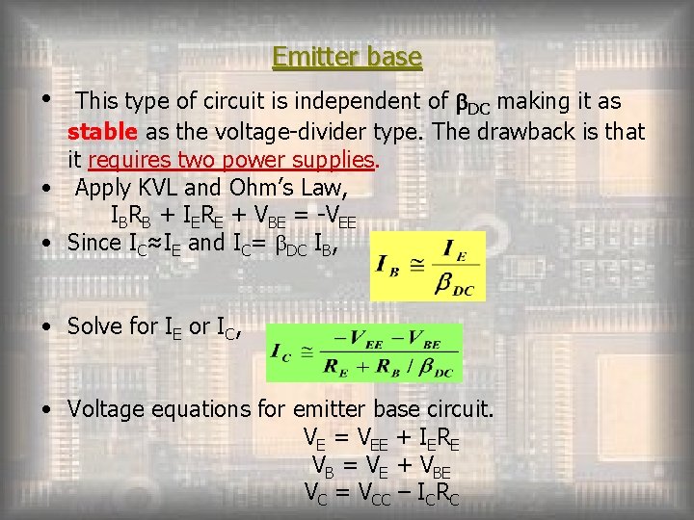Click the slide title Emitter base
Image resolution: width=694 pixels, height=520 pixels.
pyautogui.click(x=347, y=58)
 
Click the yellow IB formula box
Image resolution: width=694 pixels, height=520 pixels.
pyautogui.click(x=428, y=266)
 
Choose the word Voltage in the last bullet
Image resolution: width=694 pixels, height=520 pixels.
pyautogui.click(x=106, y=408)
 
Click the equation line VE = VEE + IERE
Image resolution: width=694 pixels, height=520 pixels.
pyautogui.click(x=381, y=439)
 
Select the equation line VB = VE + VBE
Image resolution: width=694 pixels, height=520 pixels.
pyautogui.click(x=381, y=468)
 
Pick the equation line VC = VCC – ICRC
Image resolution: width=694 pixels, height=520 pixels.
pyautogui.click(x=381, y=495)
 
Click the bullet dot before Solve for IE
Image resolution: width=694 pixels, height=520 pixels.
pyautogui.click(x=47, y=327)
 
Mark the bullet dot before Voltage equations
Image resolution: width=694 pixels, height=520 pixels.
pyautogui.click(x=47, y=409)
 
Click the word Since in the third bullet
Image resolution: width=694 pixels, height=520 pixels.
pyautogui.click(x=93, y=243)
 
